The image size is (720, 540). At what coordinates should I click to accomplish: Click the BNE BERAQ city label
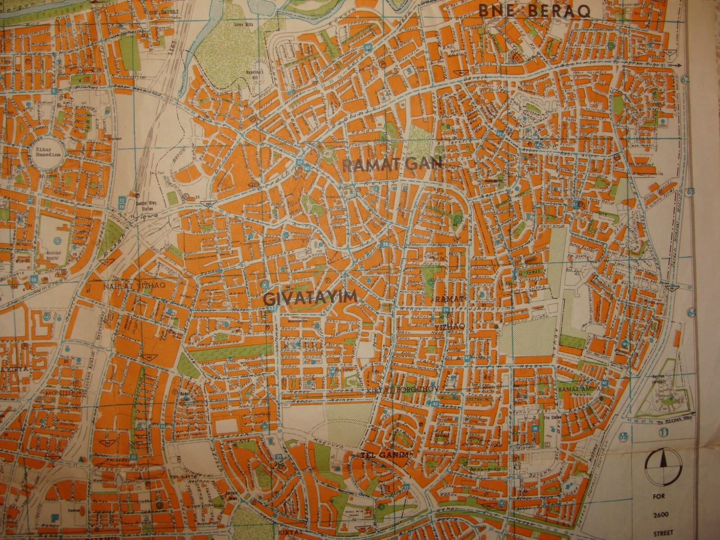point(534,10)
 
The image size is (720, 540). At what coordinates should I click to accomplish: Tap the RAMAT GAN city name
point(393,165)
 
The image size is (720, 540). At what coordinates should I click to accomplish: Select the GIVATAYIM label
point(310,297)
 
